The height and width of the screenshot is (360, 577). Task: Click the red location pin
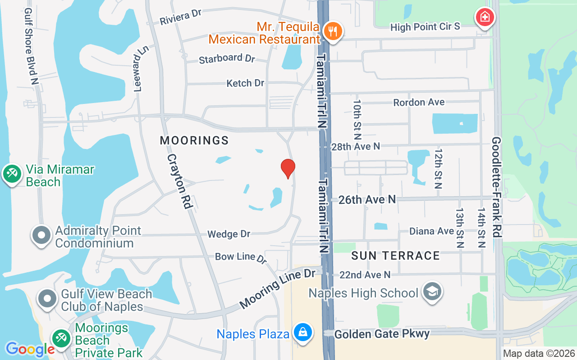(x=288, y=169)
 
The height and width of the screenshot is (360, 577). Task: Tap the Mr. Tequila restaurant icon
(x=333, y=31)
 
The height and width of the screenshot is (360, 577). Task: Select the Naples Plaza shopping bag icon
(x=302, y=333)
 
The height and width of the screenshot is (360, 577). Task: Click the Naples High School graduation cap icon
(x=432, y=292)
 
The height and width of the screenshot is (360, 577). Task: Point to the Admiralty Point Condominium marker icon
(x=42, y=235)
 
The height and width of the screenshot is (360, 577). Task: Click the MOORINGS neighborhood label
(x=194, y=141)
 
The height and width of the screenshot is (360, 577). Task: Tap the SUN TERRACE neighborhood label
(x=395, y=256)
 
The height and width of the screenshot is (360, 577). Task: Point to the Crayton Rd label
(x=180, y=181)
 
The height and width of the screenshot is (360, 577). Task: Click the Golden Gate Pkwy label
(x=382, y=333)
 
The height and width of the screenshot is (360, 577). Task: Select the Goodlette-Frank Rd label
(x=496, y=187)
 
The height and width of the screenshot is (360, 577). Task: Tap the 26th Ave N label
(x=367, y=199)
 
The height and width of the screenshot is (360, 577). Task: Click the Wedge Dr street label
(x=229, y=234)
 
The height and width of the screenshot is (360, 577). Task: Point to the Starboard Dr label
(x=227, y=59)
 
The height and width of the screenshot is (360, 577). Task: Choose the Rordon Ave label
(x=419, y=102)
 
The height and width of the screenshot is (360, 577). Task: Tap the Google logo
(x=30, y=349)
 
